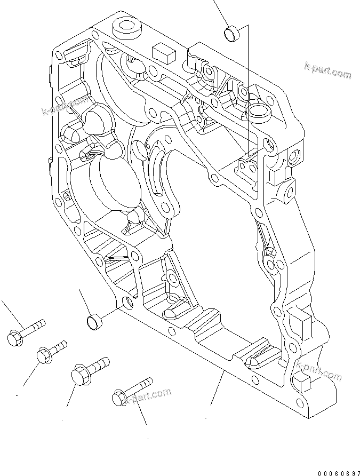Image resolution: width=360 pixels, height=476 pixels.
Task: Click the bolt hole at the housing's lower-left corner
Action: click(x=127, y=303)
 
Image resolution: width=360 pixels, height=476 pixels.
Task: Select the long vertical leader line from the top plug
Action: click(x=248, y=91)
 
